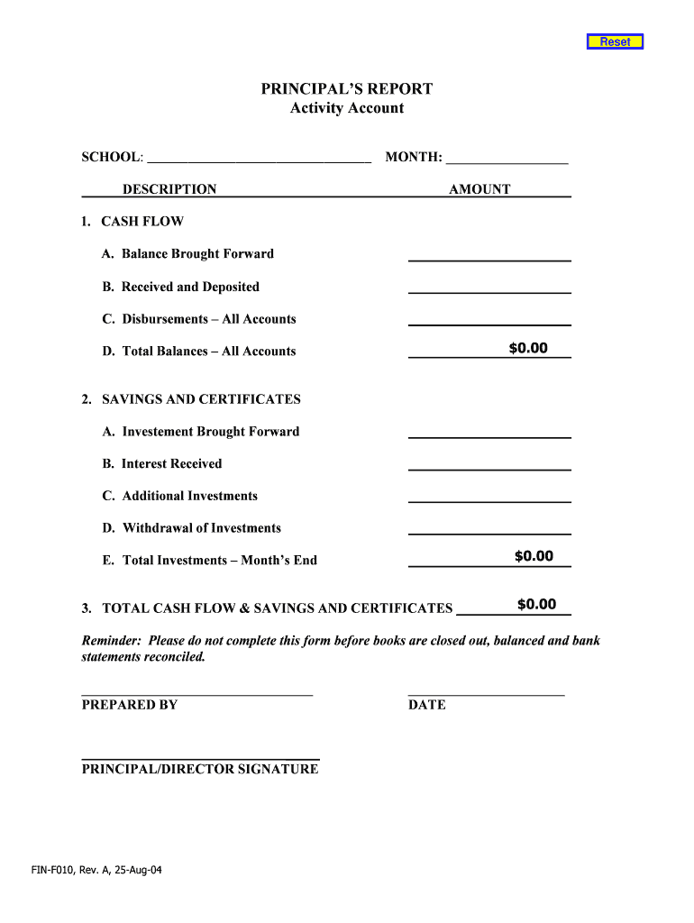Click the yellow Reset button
[615, 41]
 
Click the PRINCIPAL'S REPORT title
[347, 88]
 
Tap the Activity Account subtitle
[347, 108]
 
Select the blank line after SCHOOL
[259, 159]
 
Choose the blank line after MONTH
[507, 159]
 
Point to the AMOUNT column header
[479, 189]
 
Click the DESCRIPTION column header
[169, 189]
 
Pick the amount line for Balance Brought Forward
[489, 255]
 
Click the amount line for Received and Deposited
[489, 288]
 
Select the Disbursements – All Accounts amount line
[489, 320]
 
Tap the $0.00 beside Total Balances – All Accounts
[527, 349]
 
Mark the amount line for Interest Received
[489, 464]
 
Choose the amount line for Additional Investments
[489, 497]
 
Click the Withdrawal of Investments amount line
[489, 529]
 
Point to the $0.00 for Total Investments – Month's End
[534, 556]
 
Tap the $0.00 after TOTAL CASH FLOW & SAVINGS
[536, 605]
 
